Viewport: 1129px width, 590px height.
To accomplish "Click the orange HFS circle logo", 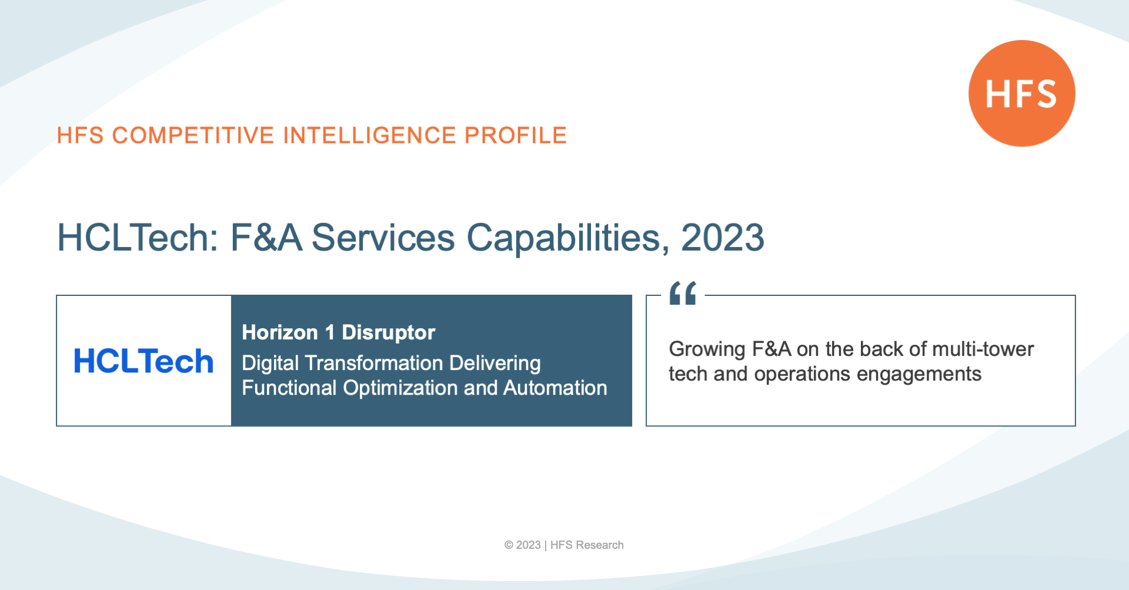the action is tap(1022, 93).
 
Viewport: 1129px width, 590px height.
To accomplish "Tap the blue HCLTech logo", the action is tap(143, 361).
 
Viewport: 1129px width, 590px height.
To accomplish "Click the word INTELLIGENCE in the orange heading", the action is tap(370, 135).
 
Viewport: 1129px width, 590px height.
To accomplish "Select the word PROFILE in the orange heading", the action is tap(516, 135).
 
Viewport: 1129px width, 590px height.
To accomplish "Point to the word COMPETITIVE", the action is tap(193, 135).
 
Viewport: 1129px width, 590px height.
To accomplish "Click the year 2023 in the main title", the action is tap(723, 238).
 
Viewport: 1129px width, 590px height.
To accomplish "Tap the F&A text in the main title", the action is tap(266, 238).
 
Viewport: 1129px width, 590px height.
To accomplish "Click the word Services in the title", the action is tap(383, 238).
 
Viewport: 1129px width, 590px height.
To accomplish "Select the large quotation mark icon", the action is tap(683, 293).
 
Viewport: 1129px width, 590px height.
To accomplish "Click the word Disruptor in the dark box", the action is tap(389, 332).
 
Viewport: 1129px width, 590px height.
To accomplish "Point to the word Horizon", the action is tap(280, 332).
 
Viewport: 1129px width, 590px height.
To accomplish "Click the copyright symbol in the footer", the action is tap(509, 545).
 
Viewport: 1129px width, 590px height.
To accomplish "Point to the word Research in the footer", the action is tap(600, 545).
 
